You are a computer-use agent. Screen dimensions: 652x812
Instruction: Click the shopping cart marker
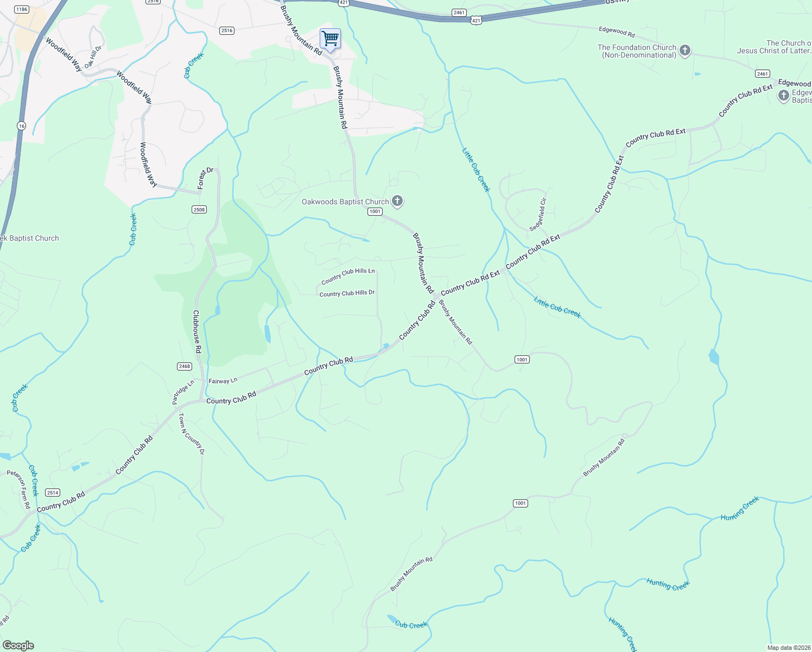330,39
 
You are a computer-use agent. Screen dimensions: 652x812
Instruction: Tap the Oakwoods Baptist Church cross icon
397,202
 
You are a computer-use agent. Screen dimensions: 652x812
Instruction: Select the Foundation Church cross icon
685,51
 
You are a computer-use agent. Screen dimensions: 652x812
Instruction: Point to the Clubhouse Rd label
197,331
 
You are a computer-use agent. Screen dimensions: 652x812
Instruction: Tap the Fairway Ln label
223,381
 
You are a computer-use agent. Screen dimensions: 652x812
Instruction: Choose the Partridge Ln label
183,392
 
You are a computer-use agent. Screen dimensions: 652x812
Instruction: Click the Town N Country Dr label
192,434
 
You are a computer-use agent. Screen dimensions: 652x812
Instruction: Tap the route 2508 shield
199,210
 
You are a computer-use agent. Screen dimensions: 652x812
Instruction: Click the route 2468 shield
185,366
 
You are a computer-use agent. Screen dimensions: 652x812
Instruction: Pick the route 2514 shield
52,493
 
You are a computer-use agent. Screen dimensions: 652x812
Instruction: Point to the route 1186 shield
22,9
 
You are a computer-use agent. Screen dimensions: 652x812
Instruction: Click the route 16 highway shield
21,126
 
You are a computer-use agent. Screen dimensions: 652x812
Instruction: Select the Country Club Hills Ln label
348,276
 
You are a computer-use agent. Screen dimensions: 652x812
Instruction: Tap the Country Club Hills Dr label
347,293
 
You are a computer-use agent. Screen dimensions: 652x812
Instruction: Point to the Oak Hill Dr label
93,57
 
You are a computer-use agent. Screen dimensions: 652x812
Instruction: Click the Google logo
18,645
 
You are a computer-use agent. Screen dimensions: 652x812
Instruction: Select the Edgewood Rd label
617,32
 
